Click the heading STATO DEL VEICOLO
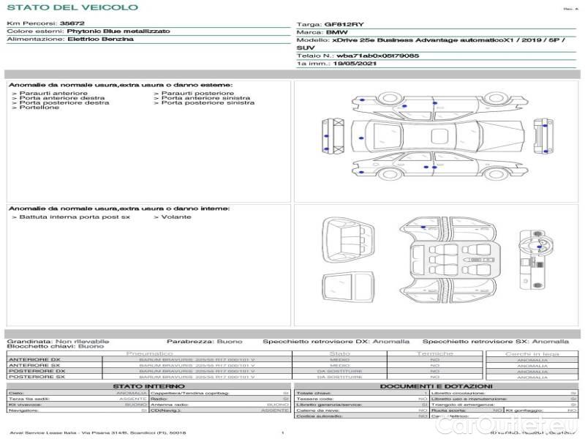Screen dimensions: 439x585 72,7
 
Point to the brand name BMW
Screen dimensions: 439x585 336,33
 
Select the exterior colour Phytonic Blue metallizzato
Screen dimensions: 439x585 118,32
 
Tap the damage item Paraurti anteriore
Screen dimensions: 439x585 53,93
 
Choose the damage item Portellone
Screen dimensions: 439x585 39,108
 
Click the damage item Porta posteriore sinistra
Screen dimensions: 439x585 208,102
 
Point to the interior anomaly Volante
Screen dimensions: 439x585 176,217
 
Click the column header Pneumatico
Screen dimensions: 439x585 149,353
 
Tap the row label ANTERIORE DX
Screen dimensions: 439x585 34,360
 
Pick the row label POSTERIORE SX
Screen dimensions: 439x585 36,378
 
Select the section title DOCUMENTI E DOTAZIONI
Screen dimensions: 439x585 436,386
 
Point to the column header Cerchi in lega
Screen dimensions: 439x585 532,353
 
